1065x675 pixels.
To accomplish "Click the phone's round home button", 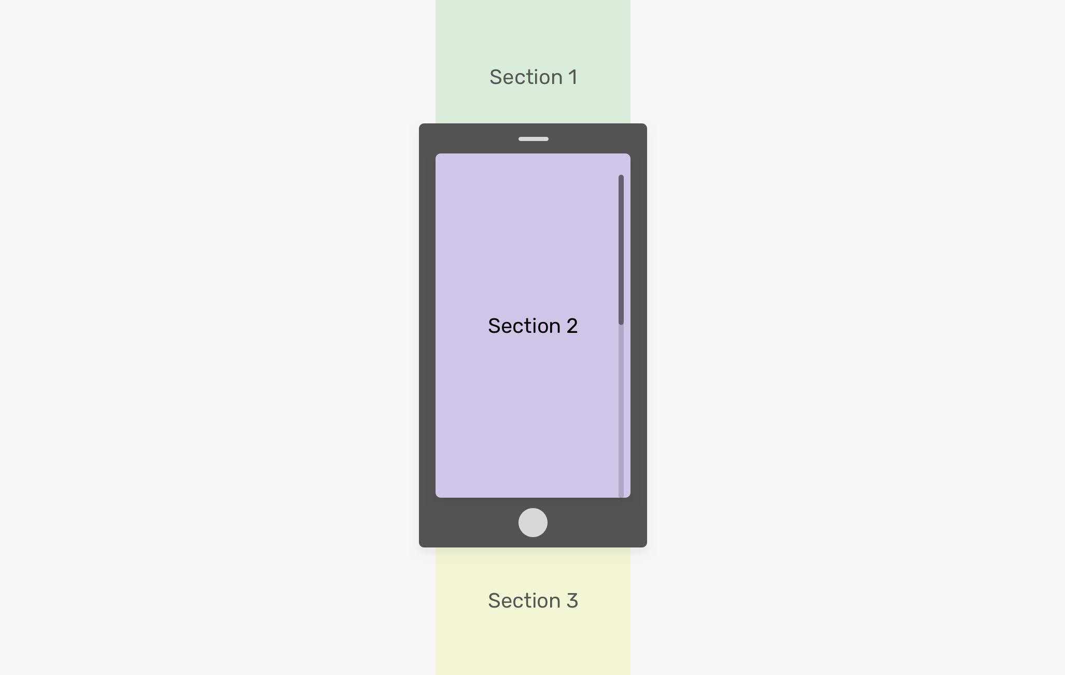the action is [533, 523].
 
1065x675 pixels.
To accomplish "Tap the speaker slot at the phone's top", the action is [534, 139].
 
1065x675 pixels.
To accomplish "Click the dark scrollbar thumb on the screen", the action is [621, 250].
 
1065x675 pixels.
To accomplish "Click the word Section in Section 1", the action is [526, 77].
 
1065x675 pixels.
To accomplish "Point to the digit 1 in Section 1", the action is [573, 77].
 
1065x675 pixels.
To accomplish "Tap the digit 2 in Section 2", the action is [572, 326].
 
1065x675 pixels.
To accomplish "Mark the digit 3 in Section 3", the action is [572, 601].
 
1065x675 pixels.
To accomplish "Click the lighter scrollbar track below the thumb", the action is [621, 411].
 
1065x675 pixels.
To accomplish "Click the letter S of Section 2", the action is [495, 326].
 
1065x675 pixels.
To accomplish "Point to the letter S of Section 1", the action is [496, 77].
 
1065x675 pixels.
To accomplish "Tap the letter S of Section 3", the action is [495, 601].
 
